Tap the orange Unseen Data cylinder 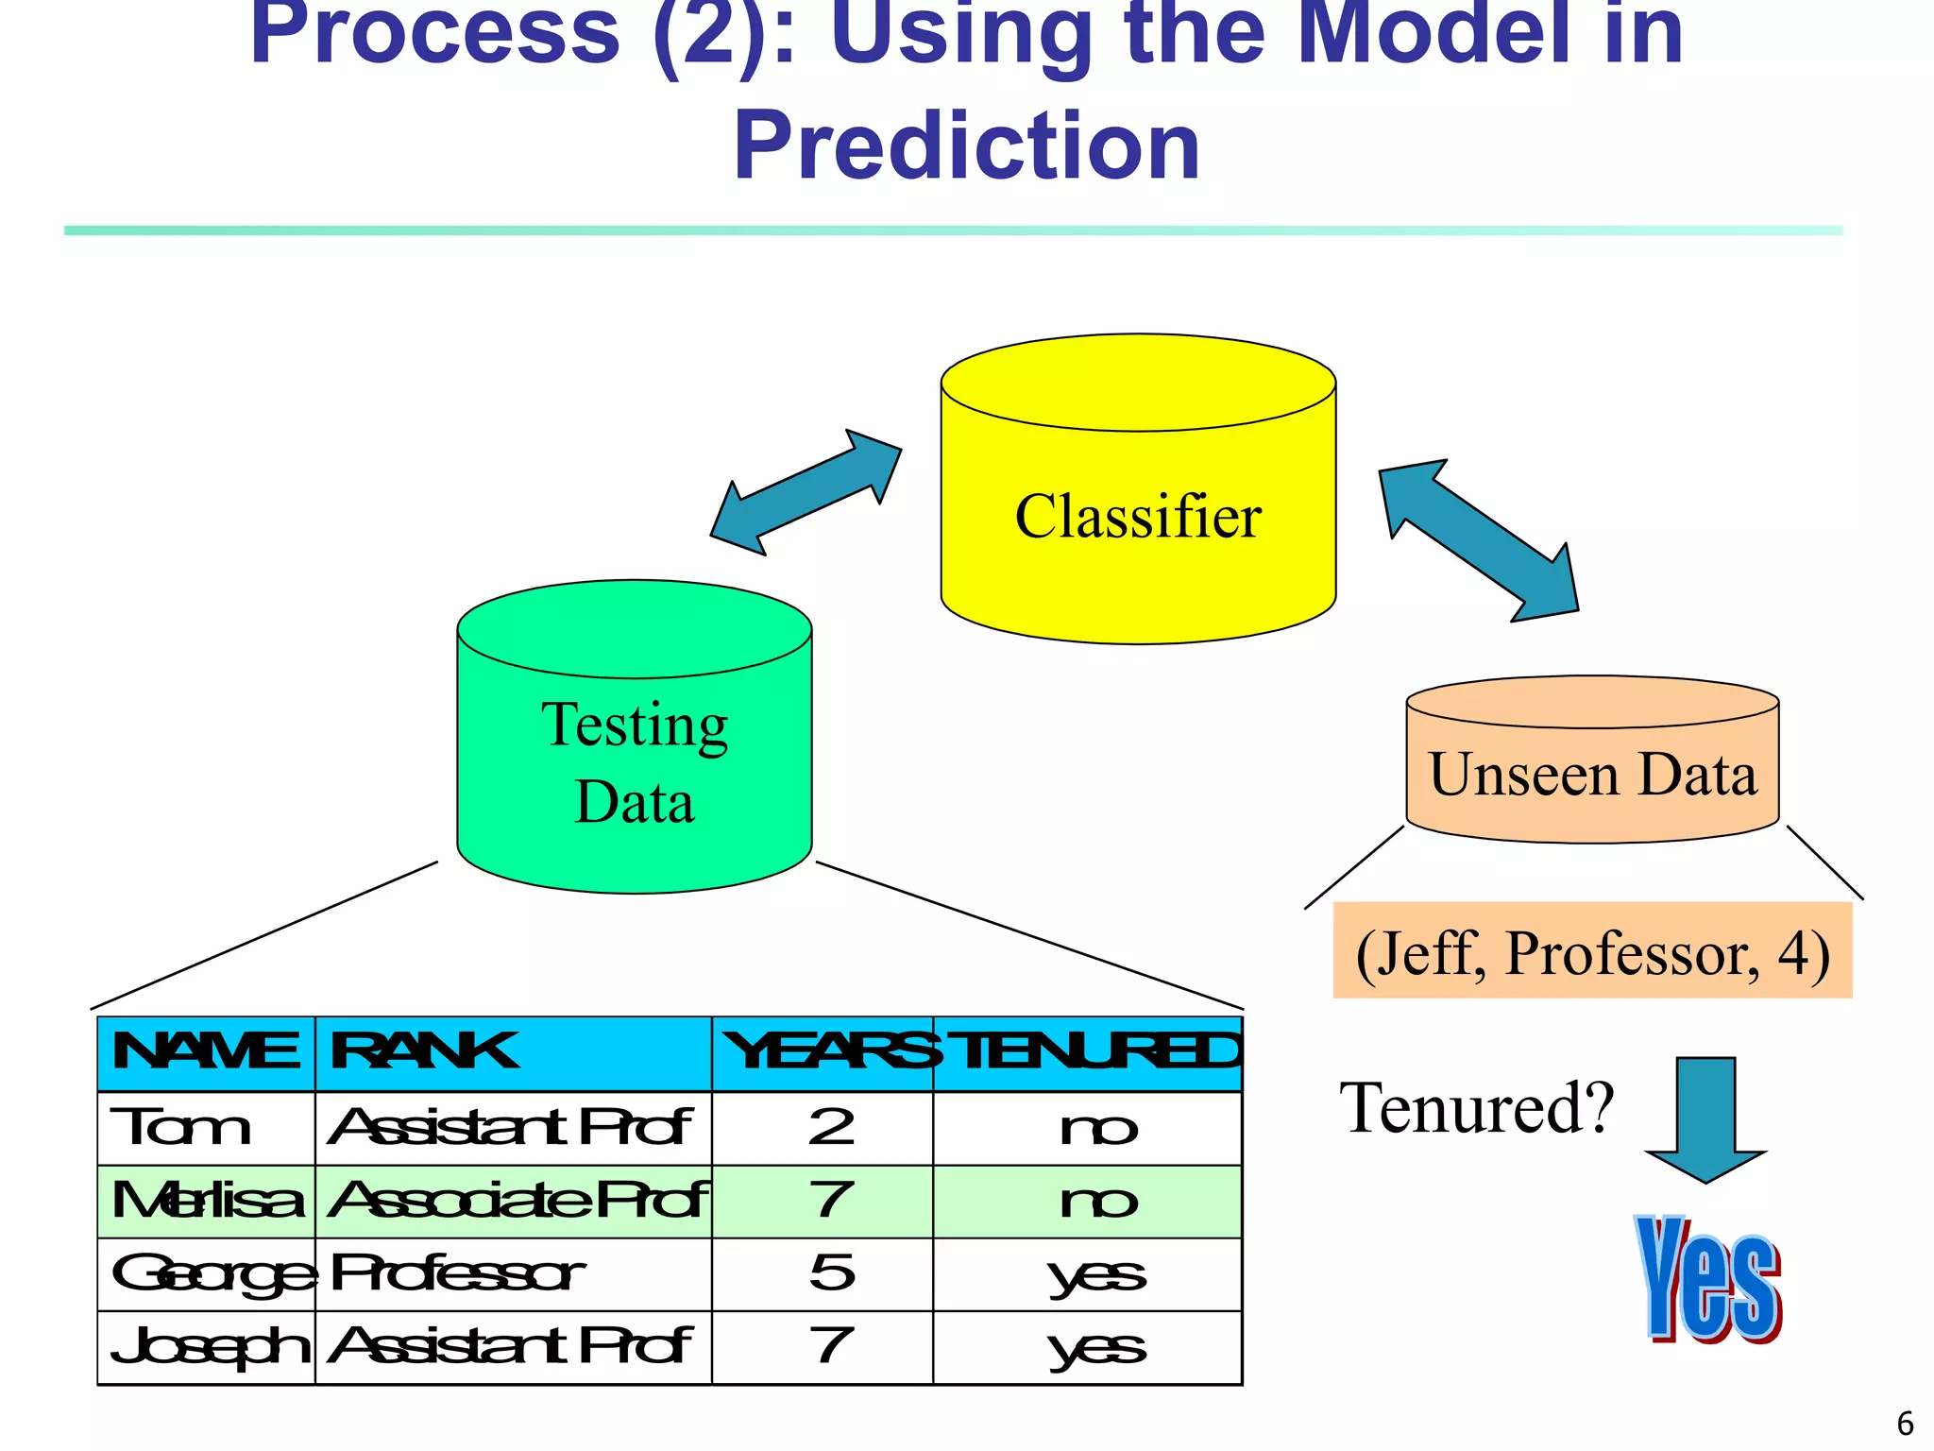point(1592,775)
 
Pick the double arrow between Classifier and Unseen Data point(1478,540)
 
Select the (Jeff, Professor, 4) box point(1592,952)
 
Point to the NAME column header point(206,1052)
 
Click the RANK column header point(513,1052)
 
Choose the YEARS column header point(823,1052)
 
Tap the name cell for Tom point(206,1128)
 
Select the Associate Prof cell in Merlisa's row point(513,1201)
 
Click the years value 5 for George point(831,1273)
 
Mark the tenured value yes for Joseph point(1095,1347)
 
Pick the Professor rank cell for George point(513,1273)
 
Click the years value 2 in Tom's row point(831,1128)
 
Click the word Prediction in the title point(966,146)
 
